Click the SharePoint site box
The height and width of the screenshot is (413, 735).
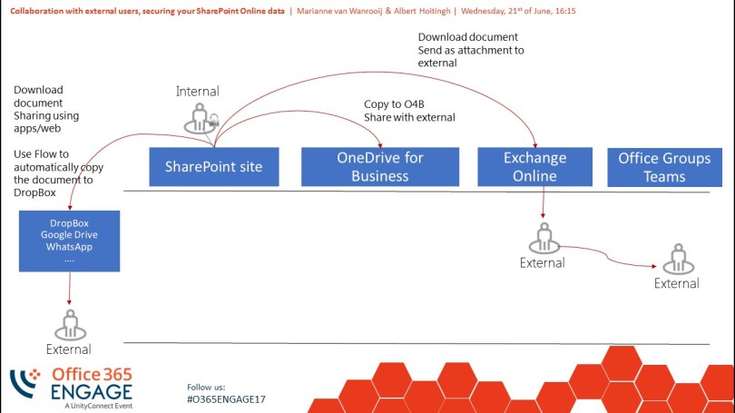coord(214,167)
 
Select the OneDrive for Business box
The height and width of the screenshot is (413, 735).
coord(379,167)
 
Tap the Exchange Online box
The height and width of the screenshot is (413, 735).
coord(534,167)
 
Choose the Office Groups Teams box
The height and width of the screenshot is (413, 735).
coord(664,167)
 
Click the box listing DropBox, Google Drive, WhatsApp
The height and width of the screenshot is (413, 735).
coord(70,241)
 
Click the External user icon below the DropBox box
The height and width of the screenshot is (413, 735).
coord(70,324)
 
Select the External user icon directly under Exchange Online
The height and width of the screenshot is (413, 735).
coord(543,239)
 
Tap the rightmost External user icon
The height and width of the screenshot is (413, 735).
coord(677,260)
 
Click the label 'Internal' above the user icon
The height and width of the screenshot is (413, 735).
coord(198,92)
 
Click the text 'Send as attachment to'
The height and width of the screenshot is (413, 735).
coord(471,50)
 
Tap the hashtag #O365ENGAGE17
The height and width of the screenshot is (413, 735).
coord(226,399)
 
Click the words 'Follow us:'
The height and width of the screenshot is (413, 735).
coord(206,386)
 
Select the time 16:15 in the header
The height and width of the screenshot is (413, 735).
coord(562,11)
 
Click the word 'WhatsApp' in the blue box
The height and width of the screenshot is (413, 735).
coord(70,247)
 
